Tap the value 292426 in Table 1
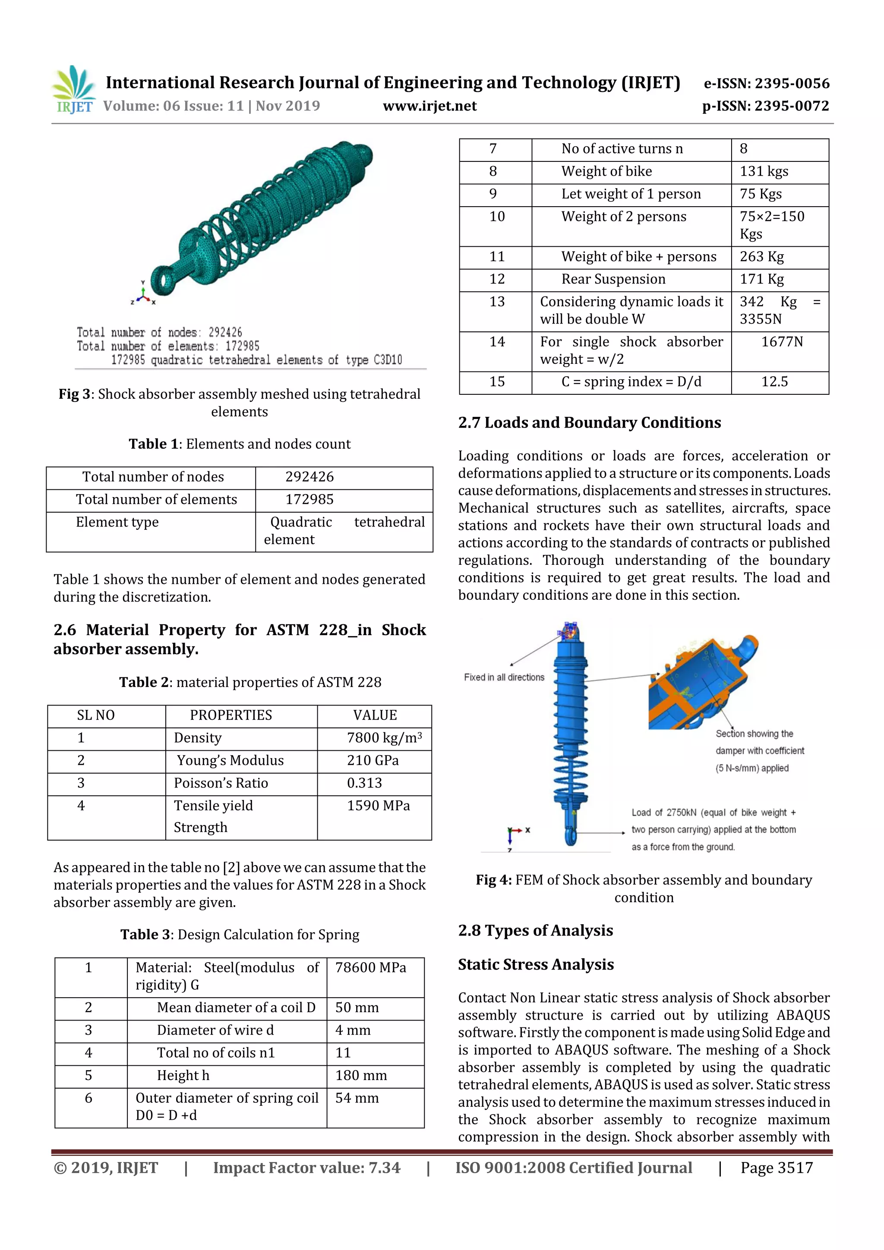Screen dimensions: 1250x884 pos(309,477)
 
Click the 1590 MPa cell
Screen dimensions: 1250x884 pos(378,806)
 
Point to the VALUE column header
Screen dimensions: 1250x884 pos(375,715)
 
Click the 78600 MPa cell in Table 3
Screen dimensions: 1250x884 pos(370,967)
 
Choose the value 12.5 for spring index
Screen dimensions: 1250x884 pos(774,381)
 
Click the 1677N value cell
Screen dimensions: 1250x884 pos(781,342)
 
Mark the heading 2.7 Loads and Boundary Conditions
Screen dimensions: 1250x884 pos(589,423)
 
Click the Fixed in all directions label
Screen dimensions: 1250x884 pos(504,677)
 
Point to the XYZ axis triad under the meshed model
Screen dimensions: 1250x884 pos(143,295)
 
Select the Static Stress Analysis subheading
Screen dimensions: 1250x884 pos(535,965)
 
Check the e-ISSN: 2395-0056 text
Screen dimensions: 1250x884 pos(766,83)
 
